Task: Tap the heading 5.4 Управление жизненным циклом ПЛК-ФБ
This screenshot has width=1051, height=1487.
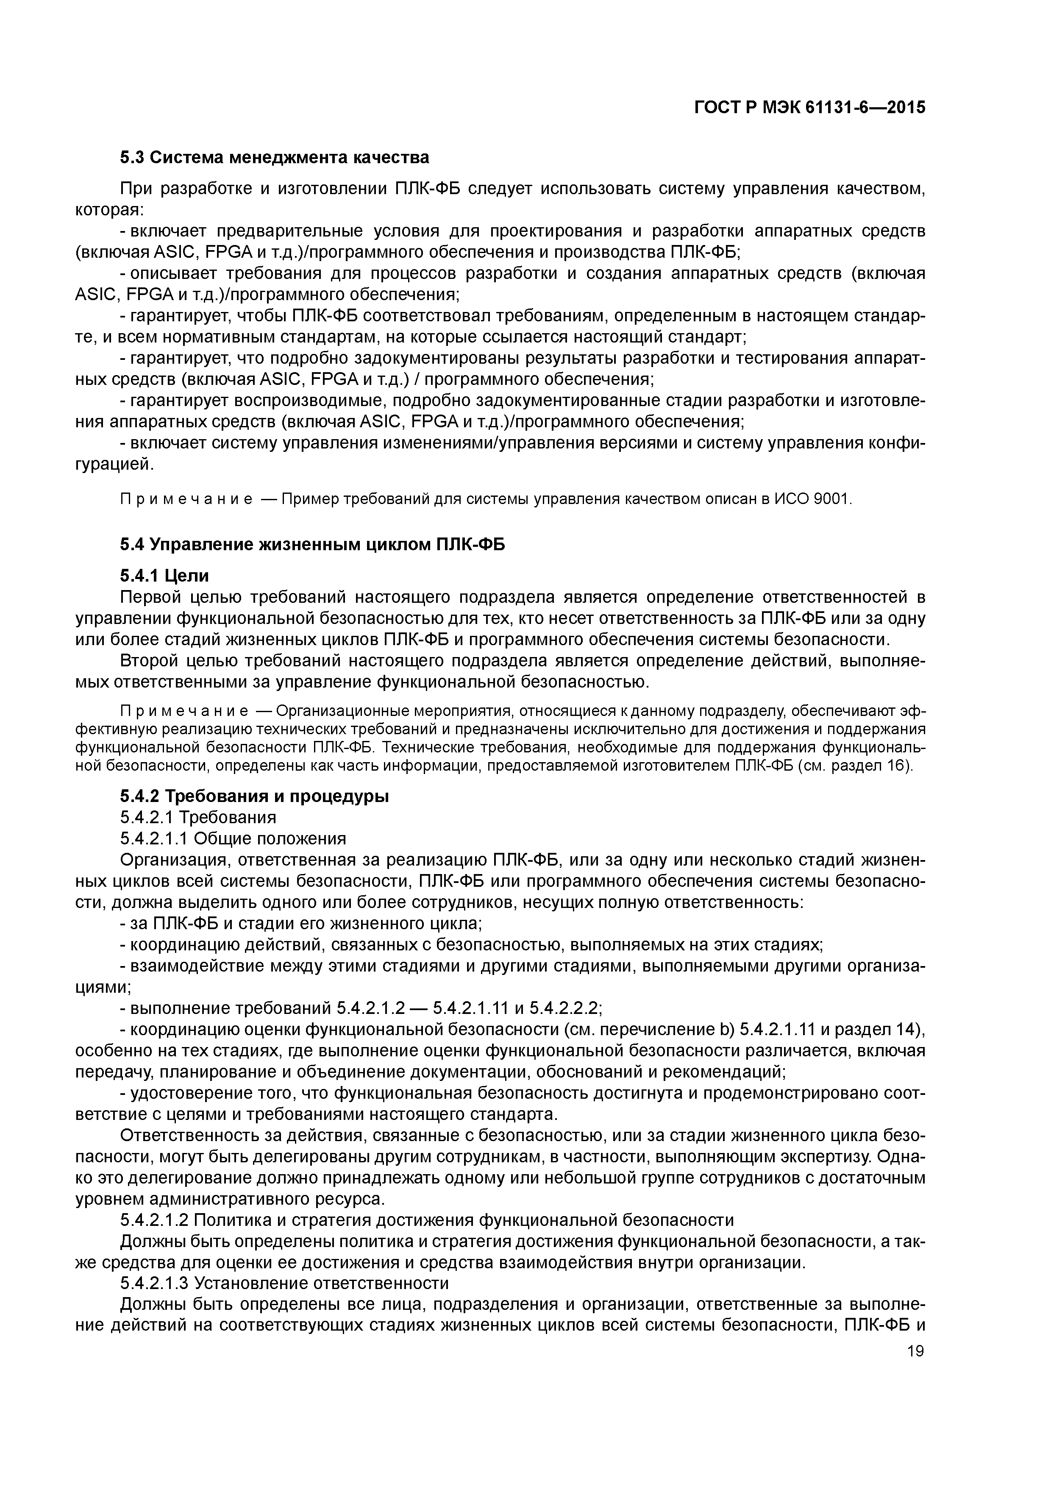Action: (312, 545)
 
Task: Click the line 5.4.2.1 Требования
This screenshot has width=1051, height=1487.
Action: (198, 817)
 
